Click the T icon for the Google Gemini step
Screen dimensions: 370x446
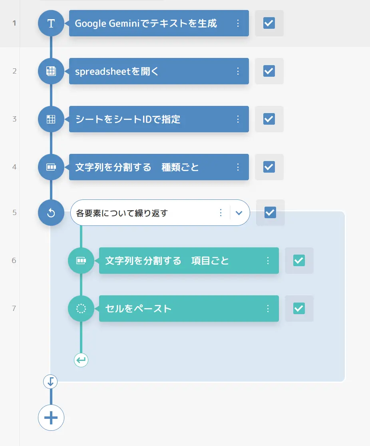(x=51, y=23)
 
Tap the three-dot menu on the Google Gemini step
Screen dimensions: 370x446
(x=238, y=23)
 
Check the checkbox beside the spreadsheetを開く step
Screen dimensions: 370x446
(x=269, y=71)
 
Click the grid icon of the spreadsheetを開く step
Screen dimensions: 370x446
(x=51, y=71)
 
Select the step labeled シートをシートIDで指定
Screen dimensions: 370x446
(x=159, y=119)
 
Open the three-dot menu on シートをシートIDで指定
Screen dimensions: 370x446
(x=238, y=119)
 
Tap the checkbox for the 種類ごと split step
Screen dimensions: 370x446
(x=269, y=167)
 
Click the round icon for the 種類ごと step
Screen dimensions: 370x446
(x=51, y=167)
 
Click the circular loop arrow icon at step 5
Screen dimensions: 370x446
(x=51, y=213)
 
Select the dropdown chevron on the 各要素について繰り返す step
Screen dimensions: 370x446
(x=239, y=213)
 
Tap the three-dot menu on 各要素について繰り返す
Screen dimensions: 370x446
(x=221, y=213)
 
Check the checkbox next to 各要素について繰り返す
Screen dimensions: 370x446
(x=270, y=213)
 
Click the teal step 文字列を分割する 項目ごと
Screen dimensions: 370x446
(x=189, y=261)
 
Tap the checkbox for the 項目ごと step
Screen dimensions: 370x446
(x=299, y=261)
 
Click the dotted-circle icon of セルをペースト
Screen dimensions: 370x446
(x=81, y=309)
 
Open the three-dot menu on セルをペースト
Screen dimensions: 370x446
(x=268, y=309)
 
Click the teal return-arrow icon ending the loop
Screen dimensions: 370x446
(x=81, y=360)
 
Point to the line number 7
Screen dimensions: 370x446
(x=14, y=309)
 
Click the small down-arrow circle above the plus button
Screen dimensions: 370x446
(x=50, y=382)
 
